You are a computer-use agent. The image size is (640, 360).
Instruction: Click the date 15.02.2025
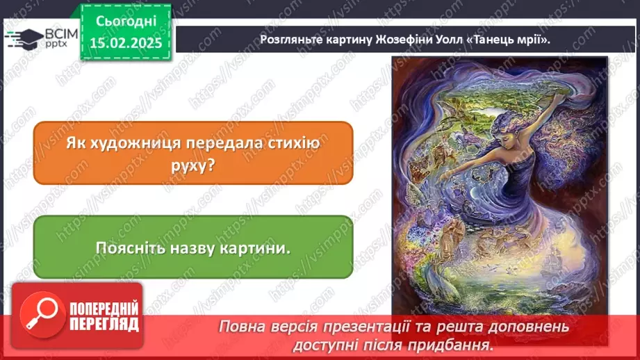125,43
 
